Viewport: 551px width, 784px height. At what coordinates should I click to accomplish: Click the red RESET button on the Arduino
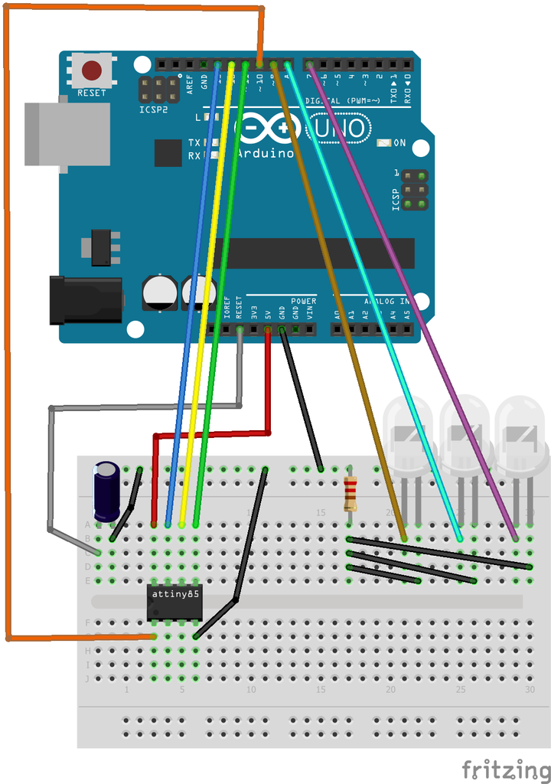[92, 70]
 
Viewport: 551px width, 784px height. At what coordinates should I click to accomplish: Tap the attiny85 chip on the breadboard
[174, 603]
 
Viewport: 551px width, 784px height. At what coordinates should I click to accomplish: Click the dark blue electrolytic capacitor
[106, 491]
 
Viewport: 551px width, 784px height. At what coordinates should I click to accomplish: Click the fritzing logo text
[505, 768]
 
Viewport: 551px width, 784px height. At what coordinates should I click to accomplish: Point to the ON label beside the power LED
[399, 143]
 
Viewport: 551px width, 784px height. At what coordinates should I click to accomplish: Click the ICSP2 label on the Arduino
[154, 109]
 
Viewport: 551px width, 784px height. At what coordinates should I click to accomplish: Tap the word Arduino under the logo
[265, 153]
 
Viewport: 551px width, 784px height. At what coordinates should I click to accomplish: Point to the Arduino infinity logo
[268, 128]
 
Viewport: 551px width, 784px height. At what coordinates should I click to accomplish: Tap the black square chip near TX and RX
[168, 153]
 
